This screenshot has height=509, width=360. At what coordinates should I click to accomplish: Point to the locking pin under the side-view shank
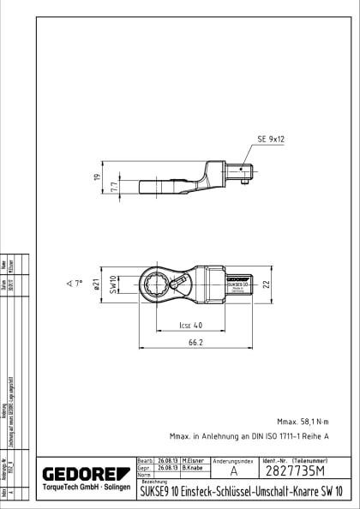(243, 182)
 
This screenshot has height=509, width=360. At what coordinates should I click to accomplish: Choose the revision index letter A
(233, 472)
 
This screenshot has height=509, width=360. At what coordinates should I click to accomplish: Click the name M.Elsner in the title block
(192, 461)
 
